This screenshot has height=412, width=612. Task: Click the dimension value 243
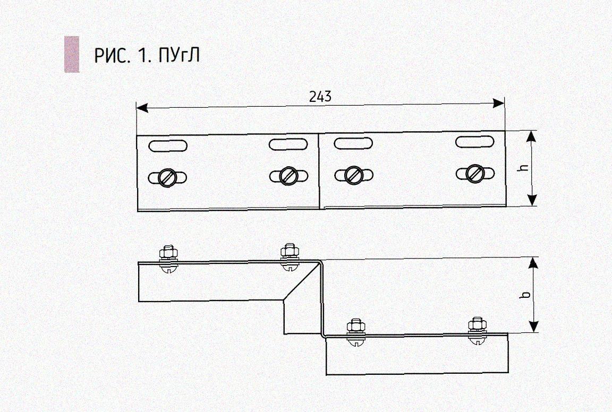320,96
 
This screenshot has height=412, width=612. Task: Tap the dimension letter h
524,167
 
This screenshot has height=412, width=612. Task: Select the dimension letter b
524,294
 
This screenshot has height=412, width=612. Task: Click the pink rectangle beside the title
72,54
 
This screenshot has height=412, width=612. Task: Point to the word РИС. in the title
112,55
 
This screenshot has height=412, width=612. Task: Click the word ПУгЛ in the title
179,55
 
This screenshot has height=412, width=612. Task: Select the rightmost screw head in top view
475,173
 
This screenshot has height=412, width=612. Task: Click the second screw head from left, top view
288,175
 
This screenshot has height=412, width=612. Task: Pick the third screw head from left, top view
353,175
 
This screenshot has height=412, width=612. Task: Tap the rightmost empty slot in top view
475,142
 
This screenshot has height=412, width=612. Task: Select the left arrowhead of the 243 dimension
141,107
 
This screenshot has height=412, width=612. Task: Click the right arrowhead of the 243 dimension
499,103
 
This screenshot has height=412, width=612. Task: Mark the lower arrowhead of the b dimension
534,327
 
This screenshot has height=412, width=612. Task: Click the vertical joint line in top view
319,170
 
